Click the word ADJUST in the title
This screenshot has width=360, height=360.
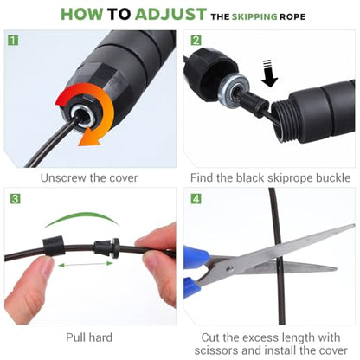pyautogui.click(x=170, y=14)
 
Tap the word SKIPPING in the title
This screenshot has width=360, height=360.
pyautogui.click(x=254, y=16)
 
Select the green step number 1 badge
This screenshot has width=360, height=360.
pyautogui.click(x=12, y=40)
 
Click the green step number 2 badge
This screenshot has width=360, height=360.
pyautogui.click(x=196, y=40)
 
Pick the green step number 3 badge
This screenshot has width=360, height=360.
pyautogui.click(x=16, y=199)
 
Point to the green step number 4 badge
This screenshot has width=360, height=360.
pyautogui.click(x=196, y=199)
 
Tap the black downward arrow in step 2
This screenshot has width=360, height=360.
pyautogui.click(x=269, y=74)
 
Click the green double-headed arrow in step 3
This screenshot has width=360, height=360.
pyautogui.click(x=86, y=264)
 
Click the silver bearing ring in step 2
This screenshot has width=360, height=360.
pyautogui.click(x=234, y=91)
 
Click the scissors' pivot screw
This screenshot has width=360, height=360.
pyautogui.click(x=229, y=269)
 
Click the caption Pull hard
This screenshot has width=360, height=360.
pyautogui.click(x=89, y=337)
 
